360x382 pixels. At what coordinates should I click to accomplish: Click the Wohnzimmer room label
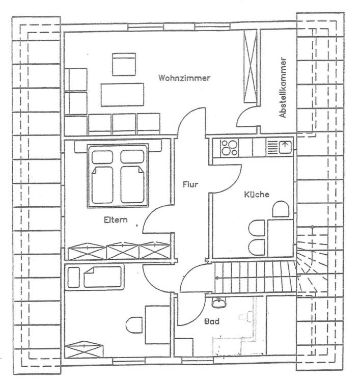point(184,78)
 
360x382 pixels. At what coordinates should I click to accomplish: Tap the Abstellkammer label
point(284,88)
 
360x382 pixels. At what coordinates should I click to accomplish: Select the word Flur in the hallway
point(190,184)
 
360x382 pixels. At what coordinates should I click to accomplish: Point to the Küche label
point(256,194)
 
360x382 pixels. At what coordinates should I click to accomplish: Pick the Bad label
point(212,321)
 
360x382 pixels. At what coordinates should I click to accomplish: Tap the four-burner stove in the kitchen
point(229,148)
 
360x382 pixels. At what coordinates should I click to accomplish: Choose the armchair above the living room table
point(123,65)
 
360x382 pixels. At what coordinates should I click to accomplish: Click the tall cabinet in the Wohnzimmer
point(250,67)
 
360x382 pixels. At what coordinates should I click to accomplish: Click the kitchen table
point(281,237)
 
